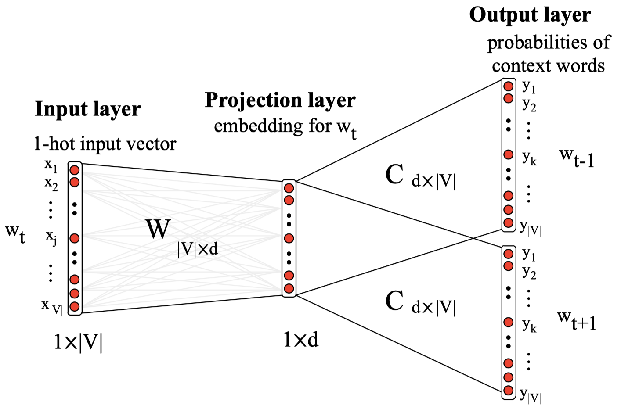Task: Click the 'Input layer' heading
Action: pyautogui.click(x=87, y=109)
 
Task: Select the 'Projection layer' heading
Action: pyautogui.click(x=280, y=100)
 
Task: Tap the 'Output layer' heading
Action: pyautogui.click(x=530, y=15)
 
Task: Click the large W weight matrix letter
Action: pyautogui.click(x=158, y=229)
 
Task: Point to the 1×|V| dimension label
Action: pyautogui.click(x=78, y=342)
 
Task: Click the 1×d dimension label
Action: pyautogui.click(x=301, y=340)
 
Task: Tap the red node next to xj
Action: pyautogui.click(x=75, y=238)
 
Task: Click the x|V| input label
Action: pyautogui.click(x=52, y=306)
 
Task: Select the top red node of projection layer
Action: pyautogui.click(x=289, y=188)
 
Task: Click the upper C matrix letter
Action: pyautogui.click(x=394, y=175)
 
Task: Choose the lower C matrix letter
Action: pyautogui.click(x=394, y=301)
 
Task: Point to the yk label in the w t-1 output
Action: pyautogui.click(x=529, y=158)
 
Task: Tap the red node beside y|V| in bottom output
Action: pyautogui.click(x=509, y=390)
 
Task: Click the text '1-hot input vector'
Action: pyautogui.click(x=105, y=144)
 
